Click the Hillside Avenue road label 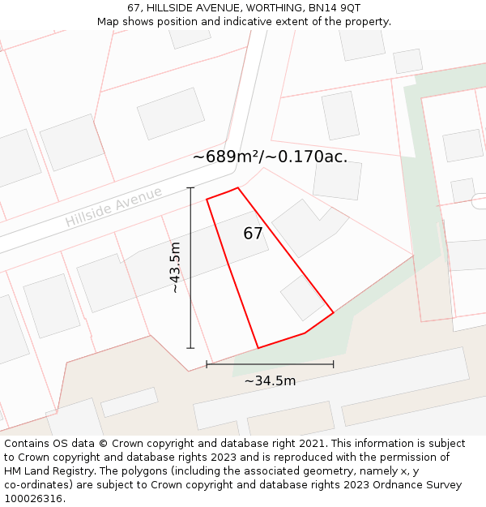click(113, 207)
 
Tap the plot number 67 click(253, 234)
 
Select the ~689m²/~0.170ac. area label click(270, 157)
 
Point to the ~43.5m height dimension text click(174, 268)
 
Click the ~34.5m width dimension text click(270, 380)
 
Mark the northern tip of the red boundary click(237, 188)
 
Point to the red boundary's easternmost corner click(334, 312)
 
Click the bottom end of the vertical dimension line click(191, 348)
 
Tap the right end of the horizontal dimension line click(333, 364)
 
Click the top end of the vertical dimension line click(191, 188)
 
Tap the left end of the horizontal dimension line click(207, 364)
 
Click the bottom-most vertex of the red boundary click(258, 348)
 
